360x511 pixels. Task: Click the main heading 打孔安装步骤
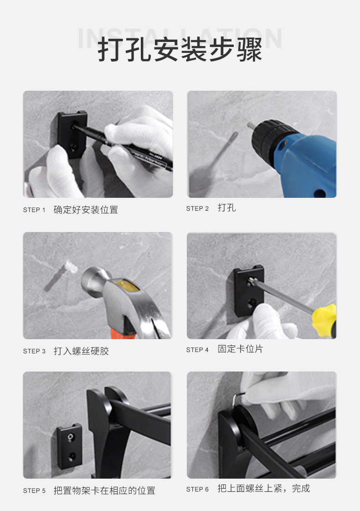180,50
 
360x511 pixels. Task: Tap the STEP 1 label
34,210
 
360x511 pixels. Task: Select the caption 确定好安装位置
86,210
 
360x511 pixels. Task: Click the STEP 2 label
197,209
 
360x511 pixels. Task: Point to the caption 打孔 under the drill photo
227,207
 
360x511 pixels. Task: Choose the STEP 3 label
34,351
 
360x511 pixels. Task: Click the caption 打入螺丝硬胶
81,351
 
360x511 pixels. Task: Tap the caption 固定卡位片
241,349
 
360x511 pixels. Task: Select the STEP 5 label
34,491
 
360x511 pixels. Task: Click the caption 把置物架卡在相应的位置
104,490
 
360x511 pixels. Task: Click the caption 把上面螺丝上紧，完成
264,489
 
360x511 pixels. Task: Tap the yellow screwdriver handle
324,320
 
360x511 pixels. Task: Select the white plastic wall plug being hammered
71,267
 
